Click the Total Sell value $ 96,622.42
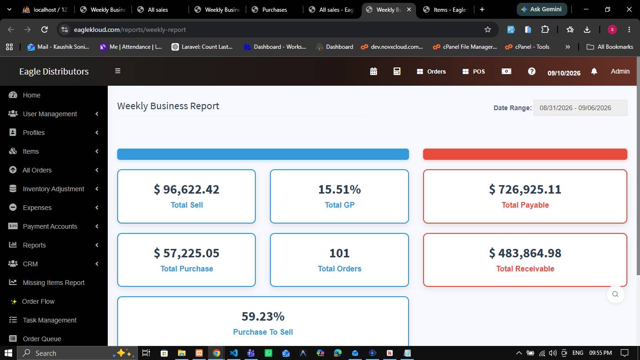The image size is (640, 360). [x=186, y=189]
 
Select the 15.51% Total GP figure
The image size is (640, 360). [x=339, y=189]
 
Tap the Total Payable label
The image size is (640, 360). [x=525, y=205]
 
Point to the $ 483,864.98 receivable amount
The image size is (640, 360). [x=525, y=253]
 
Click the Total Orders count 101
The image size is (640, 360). [x=339, y=253]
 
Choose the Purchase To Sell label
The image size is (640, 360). [x=263, y=332]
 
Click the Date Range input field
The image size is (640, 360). [x=580, y=108]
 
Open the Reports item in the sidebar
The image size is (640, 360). [x=34, y=245]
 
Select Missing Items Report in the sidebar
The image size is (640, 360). [x=54, y=283]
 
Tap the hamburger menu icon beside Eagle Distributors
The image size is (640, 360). [x=118, y=71]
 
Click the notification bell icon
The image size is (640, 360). [x=594, y=71]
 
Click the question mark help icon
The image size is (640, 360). [x=532, y=71]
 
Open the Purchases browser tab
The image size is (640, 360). [x=274, y=10]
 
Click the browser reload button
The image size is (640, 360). [x=45, y=30]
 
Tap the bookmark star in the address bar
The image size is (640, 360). [x=488, y=30]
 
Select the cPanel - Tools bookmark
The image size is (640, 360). [x=527, y=47]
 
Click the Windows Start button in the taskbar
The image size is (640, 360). [x=8, y=353]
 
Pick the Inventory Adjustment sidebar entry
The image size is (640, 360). [x=53, y=189]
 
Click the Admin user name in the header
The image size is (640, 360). [x=620, y=71]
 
